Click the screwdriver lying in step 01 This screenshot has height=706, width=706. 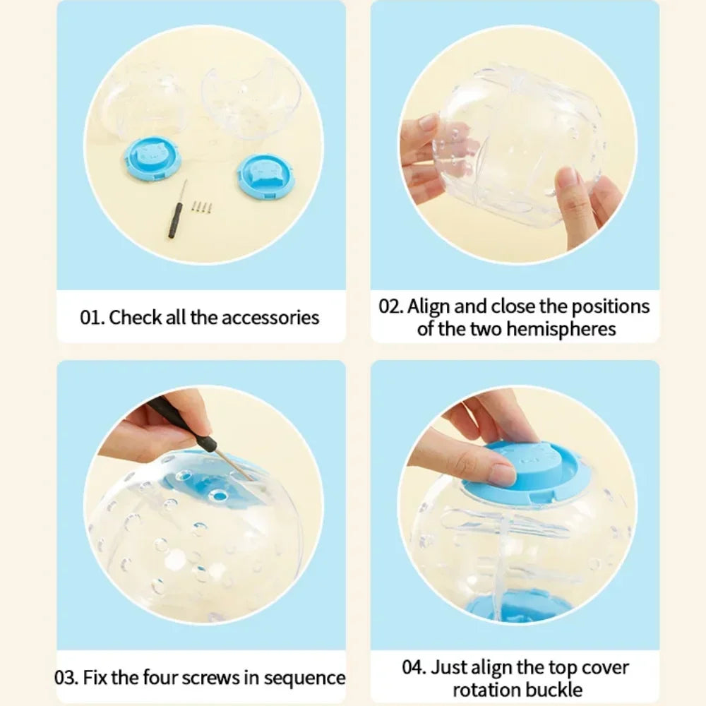(177, 210)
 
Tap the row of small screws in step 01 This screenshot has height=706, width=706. (202, 207)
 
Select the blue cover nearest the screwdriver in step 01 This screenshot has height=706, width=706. (153, 157)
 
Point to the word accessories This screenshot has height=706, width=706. (270, 318)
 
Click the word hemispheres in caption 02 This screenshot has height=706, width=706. (561, 329)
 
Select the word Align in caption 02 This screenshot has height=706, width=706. (429, 307)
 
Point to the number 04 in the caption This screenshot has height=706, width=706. (414, 667)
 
